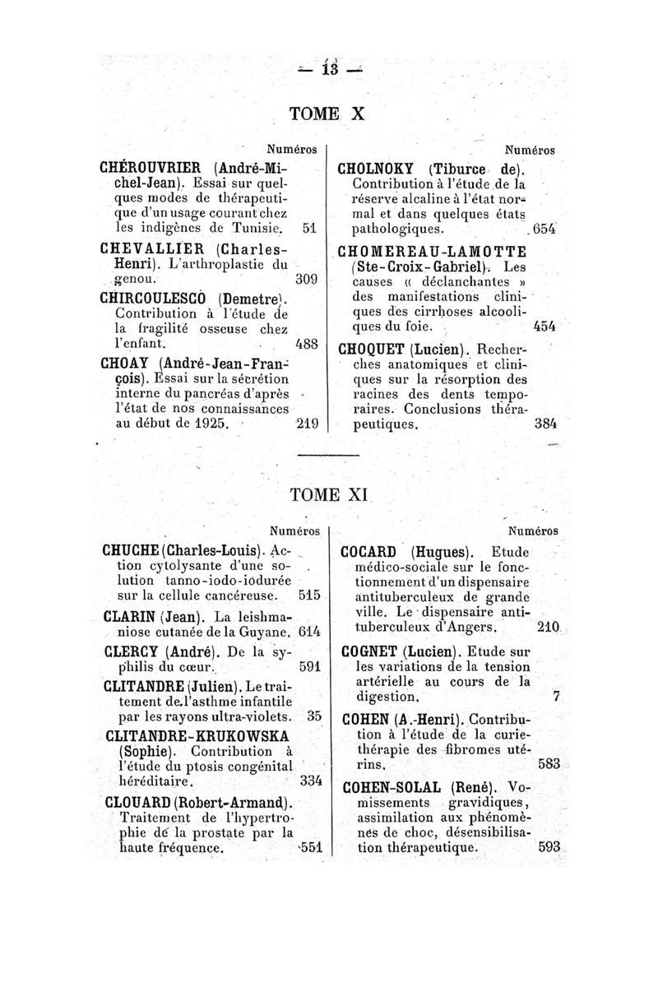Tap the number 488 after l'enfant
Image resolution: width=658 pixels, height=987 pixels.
click(306, 345)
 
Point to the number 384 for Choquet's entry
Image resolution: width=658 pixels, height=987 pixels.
click(544, 425)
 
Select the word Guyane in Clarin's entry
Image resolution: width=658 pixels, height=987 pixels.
click(268, 632)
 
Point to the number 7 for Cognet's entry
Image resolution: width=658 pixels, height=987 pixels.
click(557, 697)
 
